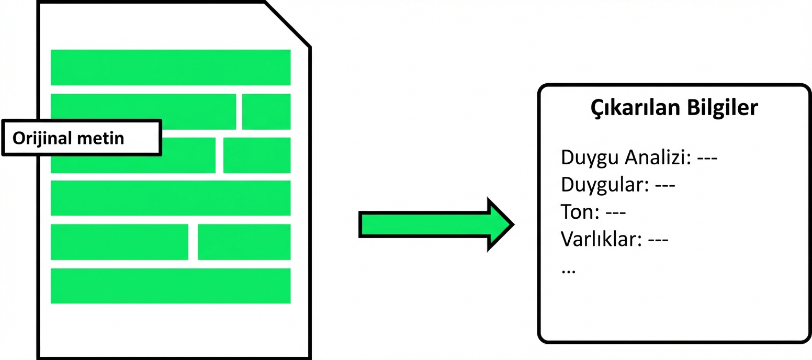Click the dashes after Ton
tap(616, 212)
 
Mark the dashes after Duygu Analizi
tap(707, 157)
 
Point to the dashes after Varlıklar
tap(658, 240)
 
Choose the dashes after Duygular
tap(664, 185)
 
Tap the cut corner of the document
tap(288, 24)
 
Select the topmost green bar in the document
tap(170, 67)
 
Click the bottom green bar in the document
tap(170, 286)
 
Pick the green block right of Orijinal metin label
tap(256, 155)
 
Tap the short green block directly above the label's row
tap(266, 111)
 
